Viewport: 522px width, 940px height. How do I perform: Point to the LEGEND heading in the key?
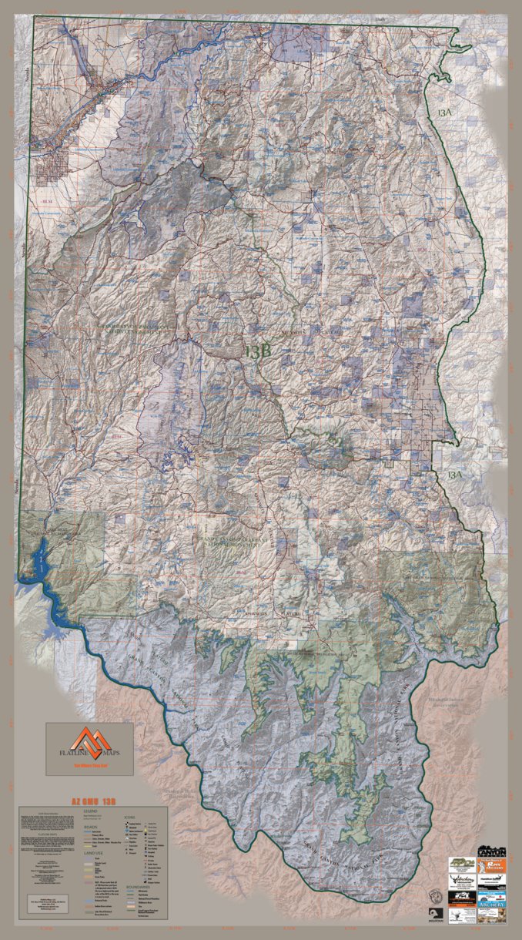[x=91, y=811]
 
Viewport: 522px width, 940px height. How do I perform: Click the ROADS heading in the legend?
[x=90, y=826]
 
